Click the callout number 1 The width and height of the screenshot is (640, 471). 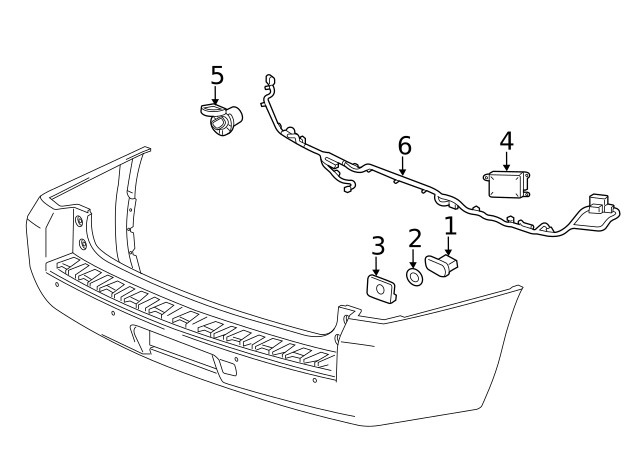point(450,227)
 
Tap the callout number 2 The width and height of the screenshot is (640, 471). point(414,238)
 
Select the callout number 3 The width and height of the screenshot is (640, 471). point(378,246)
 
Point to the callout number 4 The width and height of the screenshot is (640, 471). point(506,140)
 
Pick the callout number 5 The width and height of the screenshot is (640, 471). point(217,76)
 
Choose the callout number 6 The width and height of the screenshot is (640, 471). point(404,146)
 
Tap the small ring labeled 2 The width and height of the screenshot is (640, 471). point(414,277)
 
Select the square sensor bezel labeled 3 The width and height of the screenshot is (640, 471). point(378,288)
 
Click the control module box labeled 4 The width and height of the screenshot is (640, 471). point(507,186)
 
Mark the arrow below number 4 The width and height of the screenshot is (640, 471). point(506,162)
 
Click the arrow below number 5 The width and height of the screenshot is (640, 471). point(217,97)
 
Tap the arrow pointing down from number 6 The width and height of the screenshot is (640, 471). point(403,169)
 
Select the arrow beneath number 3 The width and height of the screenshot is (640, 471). point(377,267)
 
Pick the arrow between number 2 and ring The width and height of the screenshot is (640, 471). point(414,258)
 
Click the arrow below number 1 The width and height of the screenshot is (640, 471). point(449,246)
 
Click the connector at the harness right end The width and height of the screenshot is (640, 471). point(599,205)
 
